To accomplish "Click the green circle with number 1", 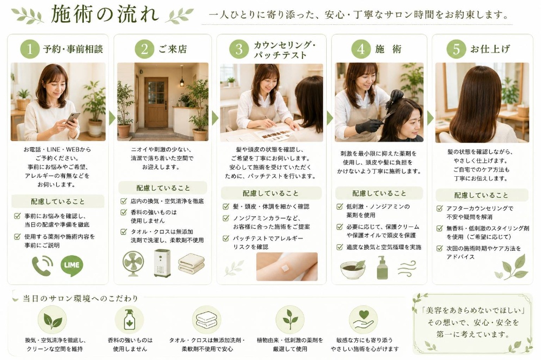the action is tap(30, 49).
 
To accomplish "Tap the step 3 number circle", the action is tap(239, 49).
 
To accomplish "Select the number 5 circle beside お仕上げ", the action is tap(456, 49).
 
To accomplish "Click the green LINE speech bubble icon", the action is tap(72, 265).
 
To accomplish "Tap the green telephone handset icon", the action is tap(42, 266).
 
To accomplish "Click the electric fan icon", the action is tap(134, 263).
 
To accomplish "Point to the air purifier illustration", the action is tap(162, 263).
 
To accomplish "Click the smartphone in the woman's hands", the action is tap(73, 118).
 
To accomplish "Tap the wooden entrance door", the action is tap(156, 102).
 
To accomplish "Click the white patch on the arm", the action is tap(285, 268).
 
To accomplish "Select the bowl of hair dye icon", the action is tap(353, 269).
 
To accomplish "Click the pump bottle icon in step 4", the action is tap(382, 268).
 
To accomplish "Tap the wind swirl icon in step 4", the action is tap(407, 268).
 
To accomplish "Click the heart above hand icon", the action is tap(364, 319).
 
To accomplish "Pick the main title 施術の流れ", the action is tap(105, 15).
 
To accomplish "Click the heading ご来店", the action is tap(173, 49).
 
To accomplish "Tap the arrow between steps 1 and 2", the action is tap(112, 118).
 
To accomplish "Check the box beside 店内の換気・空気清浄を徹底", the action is tap(123, 201).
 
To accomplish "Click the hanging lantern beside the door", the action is tap(181, 79).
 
